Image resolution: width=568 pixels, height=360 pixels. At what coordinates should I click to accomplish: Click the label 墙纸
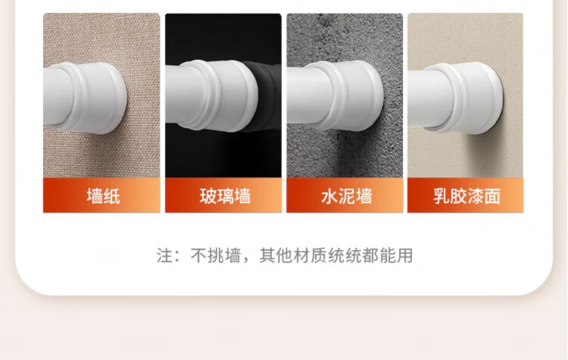[x=103, y=196]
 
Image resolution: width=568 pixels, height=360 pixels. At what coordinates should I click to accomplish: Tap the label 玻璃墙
[x=225, y=196]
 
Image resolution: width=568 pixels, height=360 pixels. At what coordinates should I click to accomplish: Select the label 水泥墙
[x=346, y=196]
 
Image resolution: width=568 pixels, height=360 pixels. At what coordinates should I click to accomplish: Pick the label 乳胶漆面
[x=467, y=196]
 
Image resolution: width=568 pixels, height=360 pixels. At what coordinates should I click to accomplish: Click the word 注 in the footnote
[x=164, y=255]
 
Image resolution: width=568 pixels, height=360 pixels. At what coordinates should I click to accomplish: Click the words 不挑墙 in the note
[x=216, y=255]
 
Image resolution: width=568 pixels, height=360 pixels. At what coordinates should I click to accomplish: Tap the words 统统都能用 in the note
[x=370, y=255]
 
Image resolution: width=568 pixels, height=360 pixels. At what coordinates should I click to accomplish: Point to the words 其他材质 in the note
[x=293, y=255]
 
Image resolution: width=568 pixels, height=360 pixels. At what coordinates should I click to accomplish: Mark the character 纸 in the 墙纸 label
[x=112, y=196]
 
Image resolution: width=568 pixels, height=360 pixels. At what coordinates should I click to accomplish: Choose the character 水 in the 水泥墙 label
[x=329, y=196]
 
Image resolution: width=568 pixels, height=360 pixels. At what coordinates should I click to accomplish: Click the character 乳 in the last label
[x=442, y=196]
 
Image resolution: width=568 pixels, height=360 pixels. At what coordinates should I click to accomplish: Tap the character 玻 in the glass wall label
[x=208, y=196]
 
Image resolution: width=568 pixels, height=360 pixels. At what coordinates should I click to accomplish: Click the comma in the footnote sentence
[x=246, y=260]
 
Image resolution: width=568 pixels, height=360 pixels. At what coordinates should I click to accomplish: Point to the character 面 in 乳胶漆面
[x=493, y=196]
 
